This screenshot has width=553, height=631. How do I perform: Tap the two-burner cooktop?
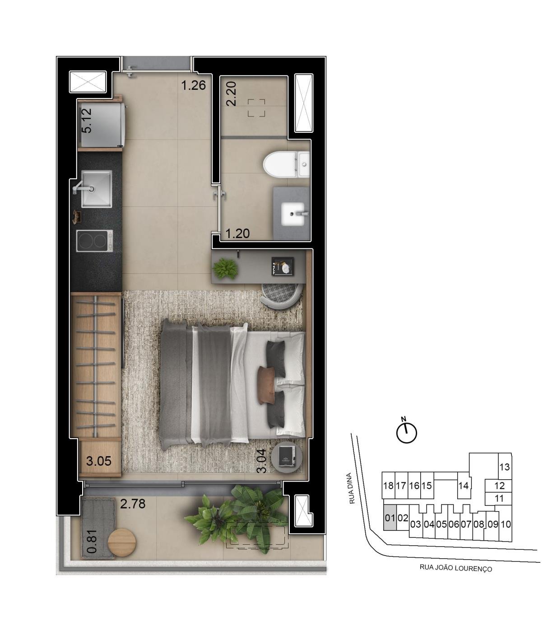pos(95,241)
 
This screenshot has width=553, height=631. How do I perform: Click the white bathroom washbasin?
pos(293,214)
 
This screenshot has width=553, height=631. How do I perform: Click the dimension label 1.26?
pos(193,85)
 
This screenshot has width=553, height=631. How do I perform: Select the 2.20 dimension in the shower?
pos(231,94)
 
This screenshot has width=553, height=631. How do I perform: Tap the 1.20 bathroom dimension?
pos(237,233)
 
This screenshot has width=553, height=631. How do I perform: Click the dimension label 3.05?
pos(99,461)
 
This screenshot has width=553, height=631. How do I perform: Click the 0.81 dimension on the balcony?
pos(92,542)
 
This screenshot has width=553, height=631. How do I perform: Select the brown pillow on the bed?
pos(266,385)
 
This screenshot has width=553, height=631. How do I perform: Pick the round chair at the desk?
pos(282,295)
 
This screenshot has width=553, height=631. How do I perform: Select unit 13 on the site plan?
pos(504,467)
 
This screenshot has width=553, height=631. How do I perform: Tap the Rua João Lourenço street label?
pos(455,568)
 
